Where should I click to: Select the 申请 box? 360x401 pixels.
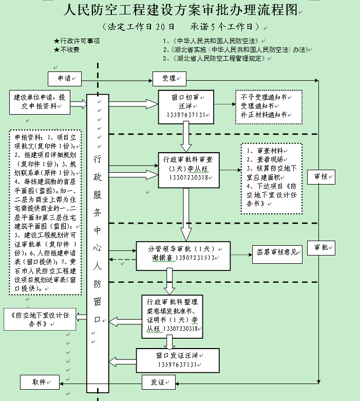pyautogui.click(x=65, y=79)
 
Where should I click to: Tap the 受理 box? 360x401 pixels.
pyautogui.click(x=169, y=79)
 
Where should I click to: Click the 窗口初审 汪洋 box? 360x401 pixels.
pyautogui.click(x=185, y=107)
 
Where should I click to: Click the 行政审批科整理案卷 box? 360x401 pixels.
pyautogui.click(x=172, y=315)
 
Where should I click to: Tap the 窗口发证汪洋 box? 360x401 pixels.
pyautogui.click(x=177, y=359)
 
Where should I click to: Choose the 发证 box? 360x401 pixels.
pyautogui.click(x=158, y=382)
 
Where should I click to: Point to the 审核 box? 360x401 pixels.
pyautogui.click(x=321, y=176)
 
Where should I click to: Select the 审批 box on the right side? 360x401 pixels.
pyautogui.click(x=321, y=247)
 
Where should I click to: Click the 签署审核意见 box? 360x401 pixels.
pyautogui.click(x=276, y=252)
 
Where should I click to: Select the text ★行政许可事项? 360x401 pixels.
pyautogui.click(x=77, y=41)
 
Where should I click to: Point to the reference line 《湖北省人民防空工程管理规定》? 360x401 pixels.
pyautogui.click(x=216, y=59)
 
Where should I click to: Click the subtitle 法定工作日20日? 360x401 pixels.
pyautogui.click(x=138, y=26)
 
